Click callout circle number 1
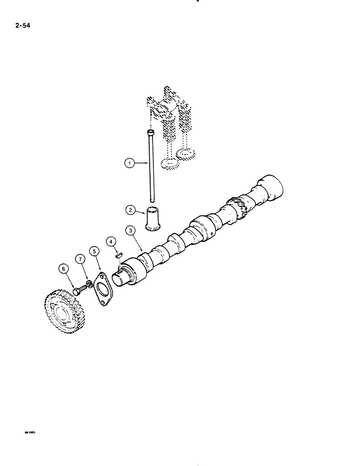129,163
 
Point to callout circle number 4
111,241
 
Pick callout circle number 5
95,252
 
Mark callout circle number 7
81,259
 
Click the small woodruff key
119,255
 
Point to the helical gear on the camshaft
238,208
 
